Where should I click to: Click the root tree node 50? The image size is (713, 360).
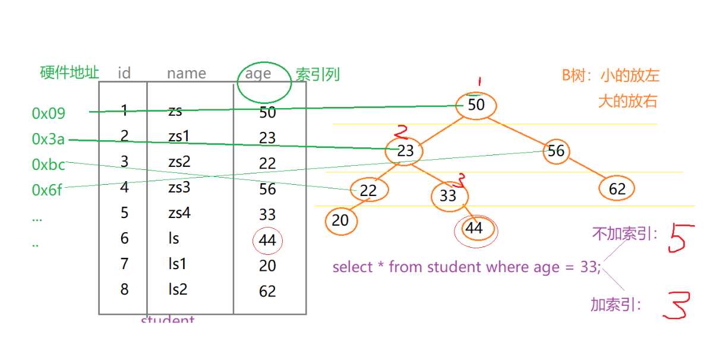[x=477, y=105]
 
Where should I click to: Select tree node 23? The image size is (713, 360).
[x=405, y=150]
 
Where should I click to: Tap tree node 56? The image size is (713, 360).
[x=556, y=150]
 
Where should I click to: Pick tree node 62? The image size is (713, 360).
[x=617, y=189]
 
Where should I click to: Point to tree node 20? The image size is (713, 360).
[x=340, y=220]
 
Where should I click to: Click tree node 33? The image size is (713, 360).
[x=449, y=195]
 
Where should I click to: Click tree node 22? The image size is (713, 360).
[x=368, y=190]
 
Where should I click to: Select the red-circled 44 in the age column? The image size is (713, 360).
[x=267, y=240]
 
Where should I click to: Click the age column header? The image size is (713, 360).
[x=258, y=74]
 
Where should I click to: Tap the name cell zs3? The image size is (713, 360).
[x=179, y=187]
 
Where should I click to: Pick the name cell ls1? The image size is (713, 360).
[x=177, y=264]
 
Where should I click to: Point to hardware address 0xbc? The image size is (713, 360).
[x=48, y=165]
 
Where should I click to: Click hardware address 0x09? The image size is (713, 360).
[x=49, y=113]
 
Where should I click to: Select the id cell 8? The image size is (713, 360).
[x=124, y=289]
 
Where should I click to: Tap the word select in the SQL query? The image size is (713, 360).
[x=352, y=267]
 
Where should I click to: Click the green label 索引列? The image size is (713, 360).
[x=318, y=74]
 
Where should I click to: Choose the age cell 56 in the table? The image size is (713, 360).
[x=267, y=188]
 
